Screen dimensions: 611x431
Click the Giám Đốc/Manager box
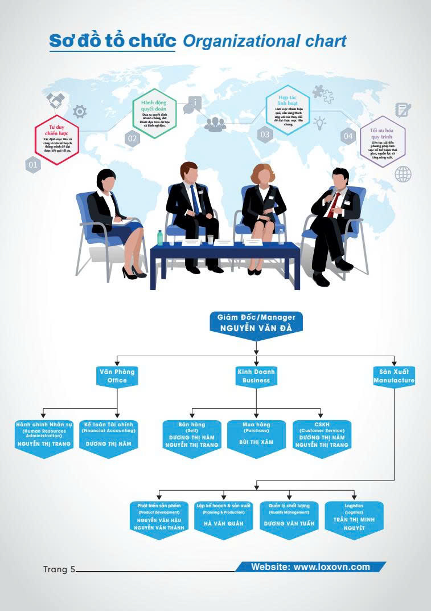coord(256,323)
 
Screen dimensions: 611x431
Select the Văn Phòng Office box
coord(117,377)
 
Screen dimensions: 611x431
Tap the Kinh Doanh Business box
coord(256,377)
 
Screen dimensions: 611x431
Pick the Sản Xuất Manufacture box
coord(394,376)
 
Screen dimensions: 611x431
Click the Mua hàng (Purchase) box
coord(256,436)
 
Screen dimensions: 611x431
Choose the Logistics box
coord(354,518)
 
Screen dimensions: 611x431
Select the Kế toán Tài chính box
coord(108,436)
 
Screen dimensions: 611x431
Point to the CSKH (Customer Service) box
coord(322,436)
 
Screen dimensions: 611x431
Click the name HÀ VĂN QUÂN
coord(223,524)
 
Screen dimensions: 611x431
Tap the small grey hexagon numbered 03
coord(265,135)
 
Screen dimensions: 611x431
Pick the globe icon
coord(403,174)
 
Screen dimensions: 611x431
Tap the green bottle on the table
coord(160,238)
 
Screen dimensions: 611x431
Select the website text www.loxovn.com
coord(310,567)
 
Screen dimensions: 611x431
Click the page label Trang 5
coord(59,569)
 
